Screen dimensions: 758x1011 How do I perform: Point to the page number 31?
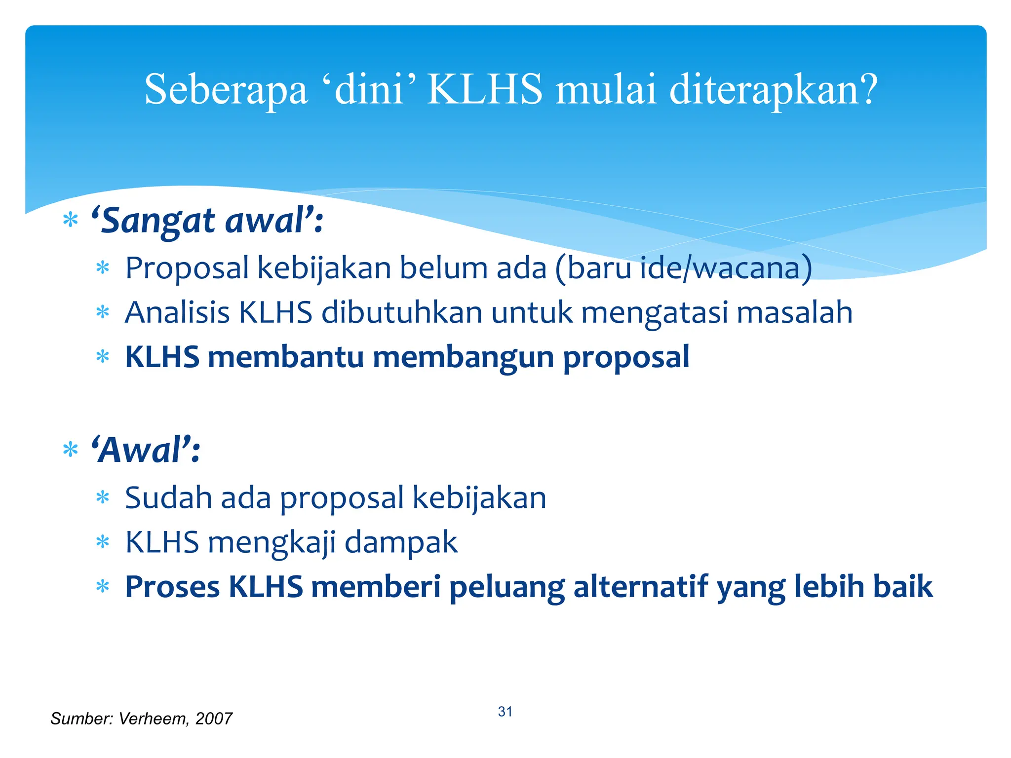[505, 712]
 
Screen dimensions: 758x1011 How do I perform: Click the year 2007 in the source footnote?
[213, 719]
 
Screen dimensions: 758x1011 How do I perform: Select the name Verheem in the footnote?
[154, 719]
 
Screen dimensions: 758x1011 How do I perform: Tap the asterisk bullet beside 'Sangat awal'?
[71, 220]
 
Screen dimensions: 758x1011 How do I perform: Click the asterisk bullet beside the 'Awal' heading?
[71, 450]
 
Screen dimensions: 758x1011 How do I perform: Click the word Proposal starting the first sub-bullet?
[187, 268]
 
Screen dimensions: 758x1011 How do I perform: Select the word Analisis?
[177, 312]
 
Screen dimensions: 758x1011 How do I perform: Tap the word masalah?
[794, 312]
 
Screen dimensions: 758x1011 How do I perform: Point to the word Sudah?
[168, 497]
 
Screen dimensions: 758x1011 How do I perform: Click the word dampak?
[401, 543]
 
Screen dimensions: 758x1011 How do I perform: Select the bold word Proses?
[172, 587]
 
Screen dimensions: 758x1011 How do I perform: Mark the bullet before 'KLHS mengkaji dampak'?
[103, 543]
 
